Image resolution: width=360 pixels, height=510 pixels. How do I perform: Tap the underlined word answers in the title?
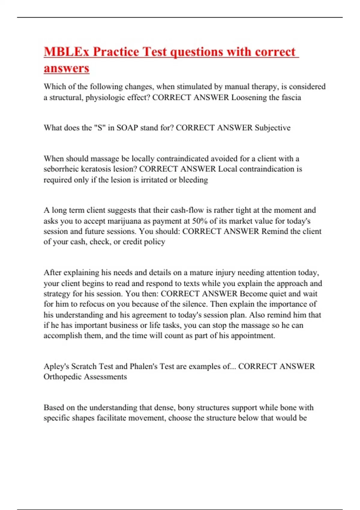(66, 68)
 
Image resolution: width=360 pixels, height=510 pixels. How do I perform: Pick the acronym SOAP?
(127, 128)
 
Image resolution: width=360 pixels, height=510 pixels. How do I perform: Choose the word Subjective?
(273, 128)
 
